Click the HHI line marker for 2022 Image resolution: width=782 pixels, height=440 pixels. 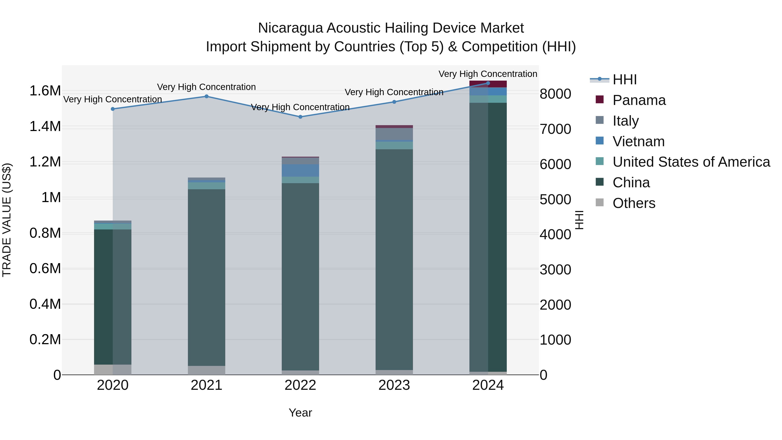[x=300, y=117]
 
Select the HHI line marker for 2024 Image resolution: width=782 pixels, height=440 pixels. [x=488, y=83]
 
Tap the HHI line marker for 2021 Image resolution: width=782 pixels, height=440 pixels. [x=206, y=96]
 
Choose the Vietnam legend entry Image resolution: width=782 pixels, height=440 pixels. [x=638, y=141]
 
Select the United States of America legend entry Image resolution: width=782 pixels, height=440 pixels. [x=691, y=162]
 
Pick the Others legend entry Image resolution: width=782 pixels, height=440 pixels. [x=634, y=203]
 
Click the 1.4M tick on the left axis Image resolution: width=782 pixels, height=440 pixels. [x=45, y=126]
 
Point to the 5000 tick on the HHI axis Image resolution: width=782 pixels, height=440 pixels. [x=555, y=199]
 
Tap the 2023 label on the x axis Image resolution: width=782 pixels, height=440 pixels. [x=394, y=385]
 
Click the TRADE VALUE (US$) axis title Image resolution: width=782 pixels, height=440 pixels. [x=7, y=220]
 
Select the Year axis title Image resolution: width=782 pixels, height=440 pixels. [x=300, y=413]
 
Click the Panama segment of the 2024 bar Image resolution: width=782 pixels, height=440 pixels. [x=488, y=84]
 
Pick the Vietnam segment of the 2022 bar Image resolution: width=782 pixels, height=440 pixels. [x=300, y=170]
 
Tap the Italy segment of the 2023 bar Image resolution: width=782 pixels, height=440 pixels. [x=394, y=134]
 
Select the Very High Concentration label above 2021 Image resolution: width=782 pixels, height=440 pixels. [x=206, y=87]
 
